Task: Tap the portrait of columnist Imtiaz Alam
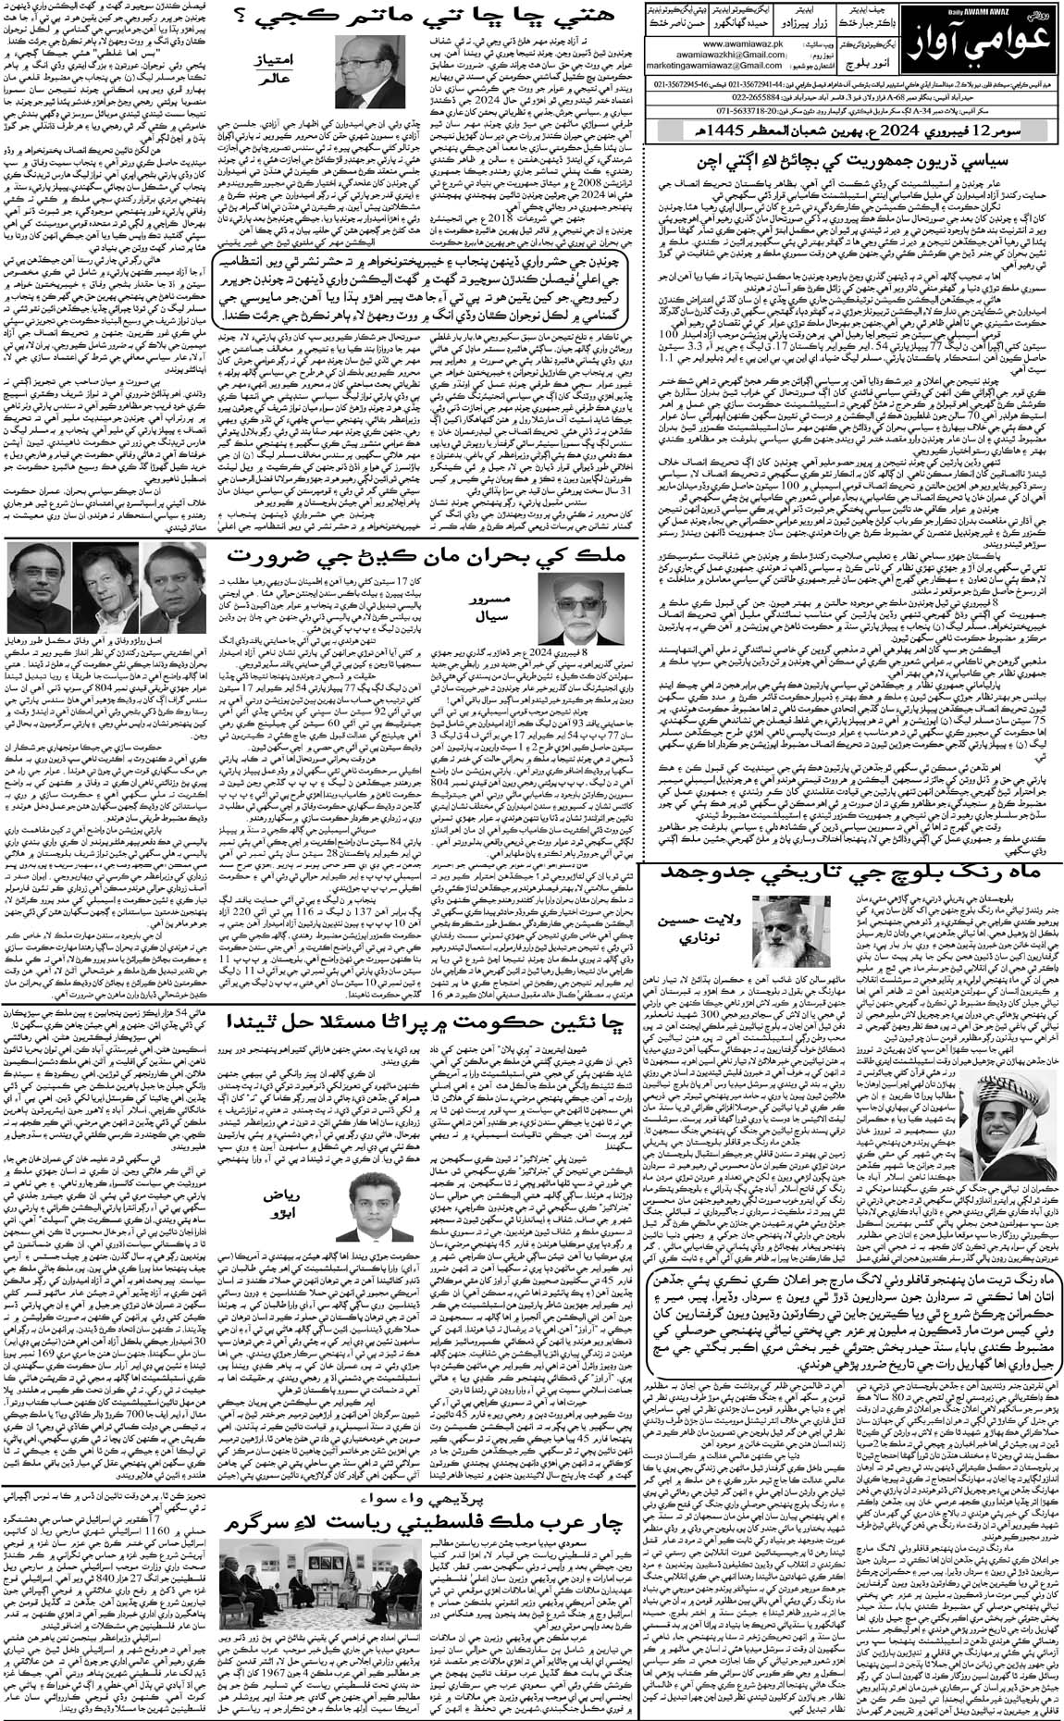click(380, 71)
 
